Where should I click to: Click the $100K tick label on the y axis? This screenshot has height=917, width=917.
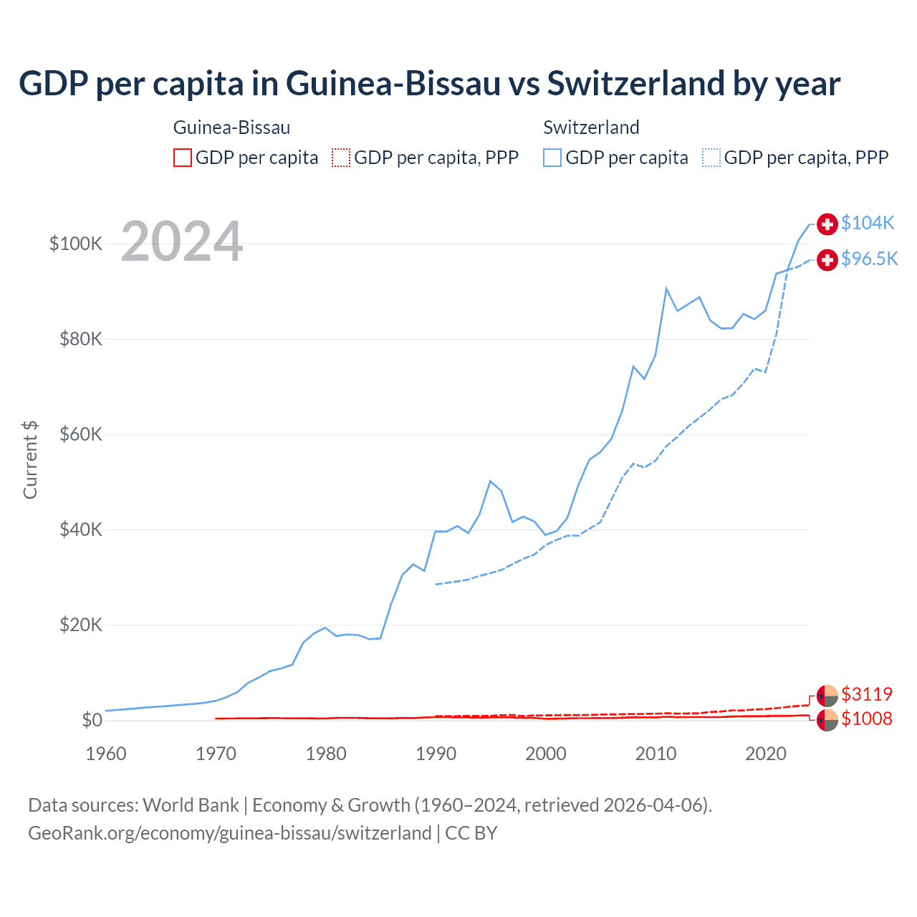76,244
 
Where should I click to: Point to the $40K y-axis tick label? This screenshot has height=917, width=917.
81,529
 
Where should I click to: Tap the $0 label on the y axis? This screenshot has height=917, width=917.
92,720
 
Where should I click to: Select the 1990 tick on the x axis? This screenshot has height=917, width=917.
436,754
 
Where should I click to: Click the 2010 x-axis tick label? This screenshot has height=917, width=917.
656,754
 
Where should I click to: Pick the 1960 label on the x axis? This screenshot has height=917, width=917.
106,754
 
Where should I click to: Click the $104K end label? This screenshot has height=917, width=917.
868,223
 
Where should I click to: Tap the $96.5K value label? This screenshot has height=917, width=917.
869,259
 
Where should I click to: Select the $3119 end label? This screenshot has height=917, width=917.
867,694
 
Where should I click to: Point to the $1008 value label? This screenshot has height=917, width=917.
867,719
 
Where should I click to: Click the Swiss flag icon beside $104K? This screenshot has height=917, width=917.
827,224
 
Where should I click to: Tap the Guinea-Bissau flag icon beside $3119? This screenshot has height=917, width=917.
827,695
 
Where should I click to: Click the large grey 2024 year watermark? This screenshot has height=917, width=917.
182,241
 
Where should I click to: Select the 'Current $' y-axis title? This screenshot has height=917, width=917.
30,460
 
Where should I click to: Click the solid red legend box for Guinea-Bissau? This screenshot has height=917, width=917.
183,158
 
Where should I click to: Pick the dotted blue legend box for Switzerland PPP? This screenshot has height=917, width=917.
711,158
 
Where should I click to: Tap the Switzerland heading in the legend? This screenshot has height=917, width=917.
591,128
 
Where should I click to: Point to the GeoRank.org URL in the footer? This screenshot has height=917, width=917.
229,833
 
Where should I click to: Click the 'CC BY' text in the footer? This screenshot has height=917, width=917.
471,833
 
